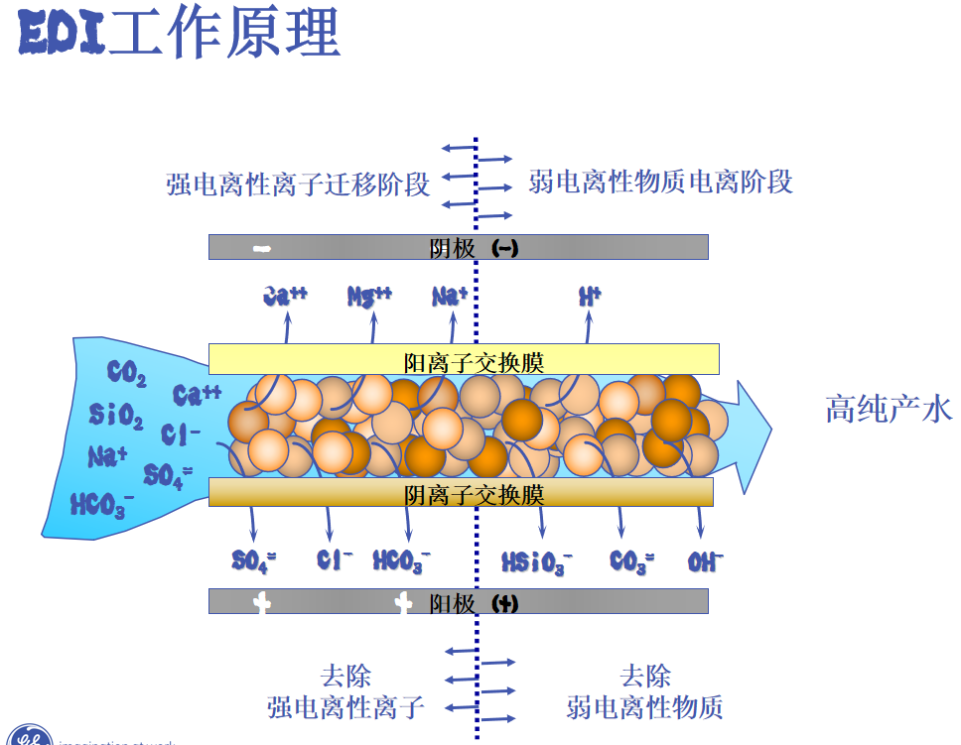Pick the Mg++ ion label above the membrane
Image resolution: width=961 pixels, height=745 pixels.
coord(369,296)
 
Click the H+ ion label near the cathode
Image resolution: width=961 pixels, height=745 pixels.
coord(590,296)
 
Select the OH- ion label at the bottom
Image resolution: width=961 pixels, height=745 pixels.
coord(705,562)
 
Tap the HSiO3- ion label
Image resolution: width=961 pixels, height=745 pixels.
coord(537,563)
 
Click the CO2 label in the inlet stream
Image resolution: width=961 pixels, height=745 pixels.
coord(127,374)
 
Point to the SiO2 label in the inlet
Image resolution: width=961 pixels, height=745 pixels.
coord(115,415)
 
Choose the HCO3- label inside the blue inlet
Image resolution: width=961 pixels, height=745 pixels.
coord(101,505)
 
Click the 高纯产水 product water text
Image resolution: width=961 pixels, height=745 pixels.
coord(889,409)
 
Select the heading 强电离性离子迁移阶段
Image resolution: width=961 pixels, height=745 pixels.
coord(298,185)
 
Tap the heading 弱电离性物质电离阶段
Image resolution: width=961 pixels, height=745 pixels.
coord(660,183)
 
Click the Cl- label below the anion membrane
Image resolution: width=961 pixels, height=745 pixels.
coord(335,560)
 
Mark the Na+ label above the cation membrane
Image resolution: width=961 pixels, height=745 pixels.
coord(450,296)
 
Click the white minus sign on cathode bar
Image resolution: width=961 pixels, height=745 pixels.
coord(263,248)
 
